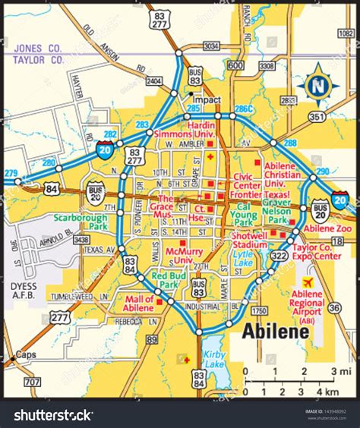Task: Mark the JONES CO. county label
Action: pos(37,48)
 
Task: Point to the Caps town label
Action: pos(27,354)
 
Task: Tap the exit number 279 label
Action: pos(10,173)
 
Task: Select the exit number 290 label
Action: pos(323,172)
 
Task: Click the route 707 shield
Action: pos(32,382)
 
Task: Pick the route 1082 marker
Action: pos(346,33)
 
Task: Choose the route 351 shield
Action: pos(317,117)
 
